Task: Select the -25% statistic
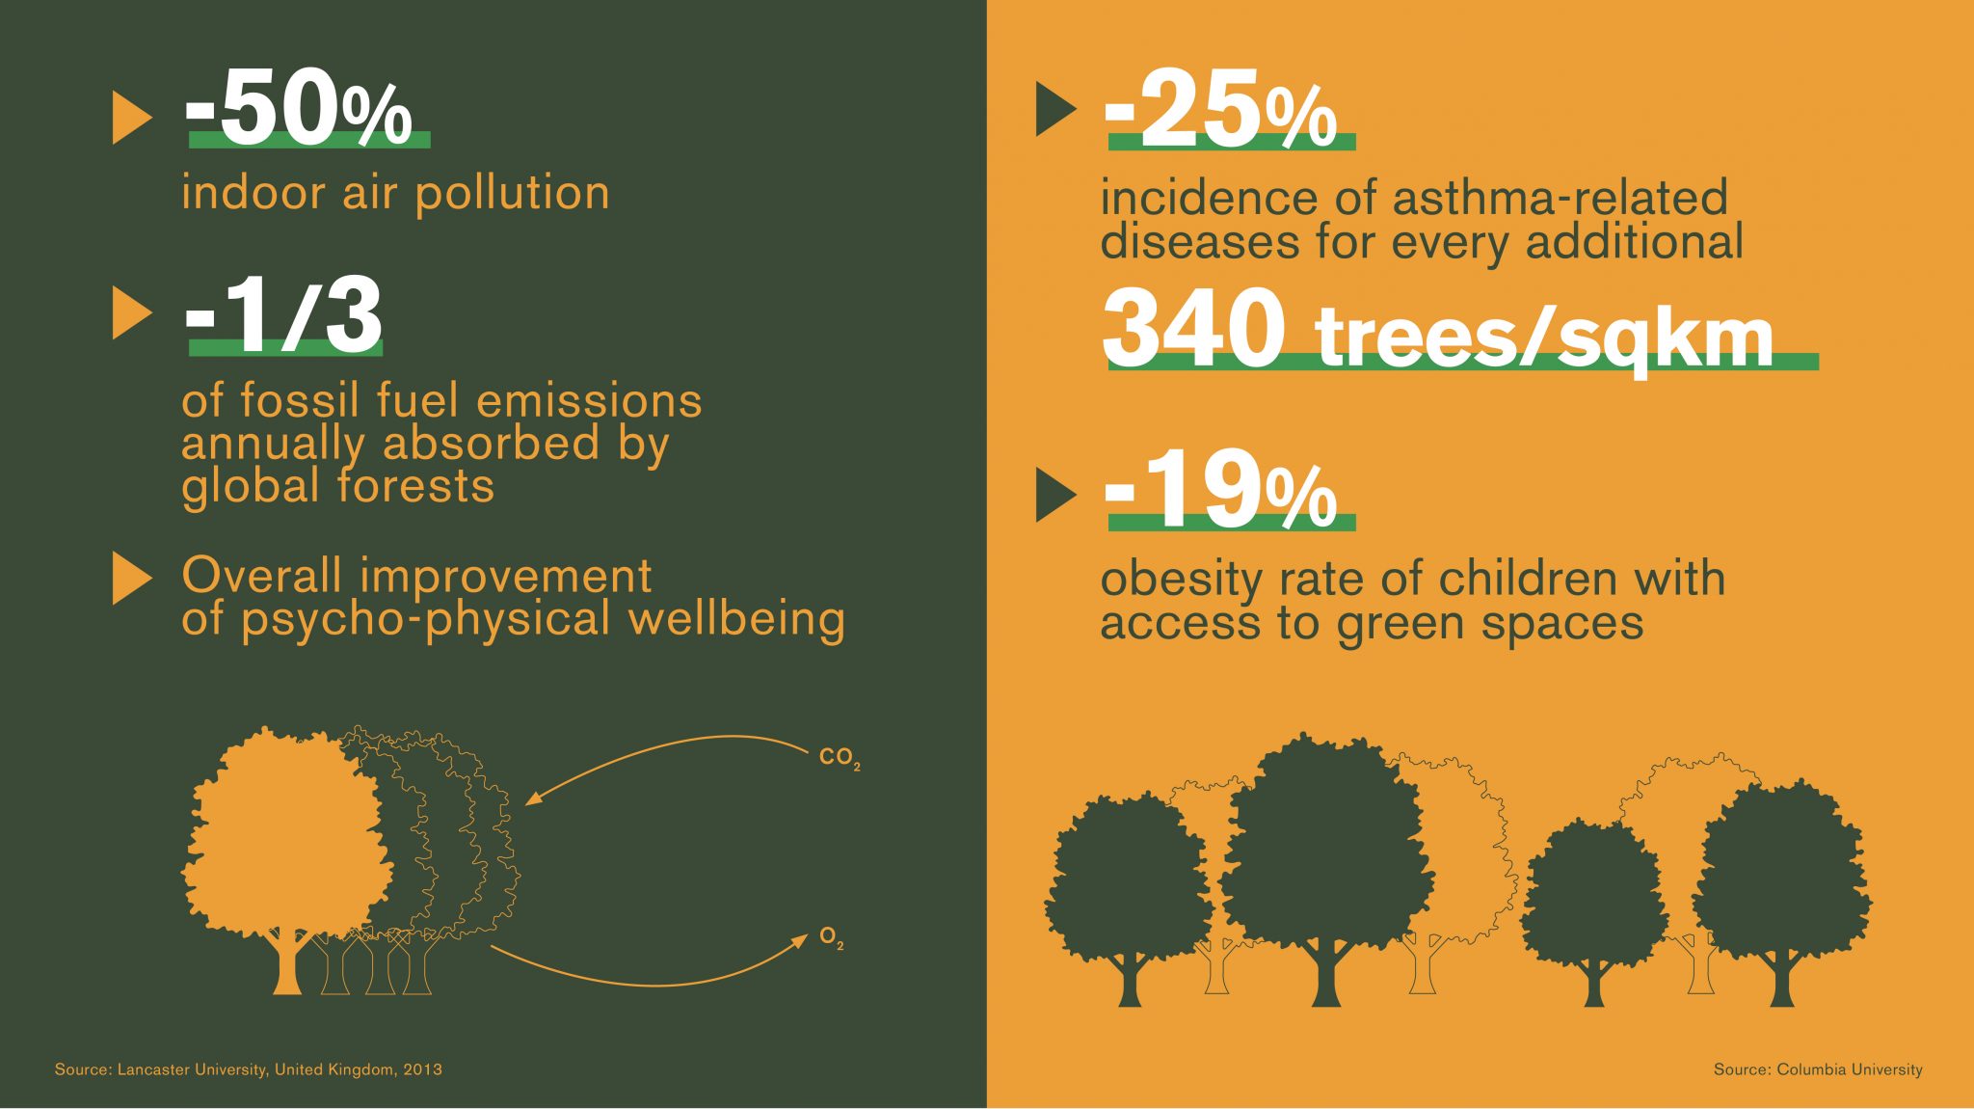pyautogui.click(x=1221, y=111)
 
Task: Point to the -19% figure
pyautogui.click(x=1221, y=491)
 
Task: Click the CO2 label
pyautogui.click(x=840, y=758)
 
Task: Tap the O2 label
pyautogui.click(x=832, y=937)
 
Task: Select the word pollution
pyautogui.click(x=513, y=194)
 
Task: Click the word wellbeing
pyautogui.click(x=737, y=619)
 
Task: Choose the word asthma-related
pyautogui.click(x=1561, y=198)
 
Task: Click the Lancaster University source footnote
pyautogui.click(x=249, y=1069)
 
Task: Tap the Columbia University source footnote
pyautogui.click(x=1818, y=1069)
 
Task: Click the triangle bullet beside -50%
pyautogui.click(x=132, y=118)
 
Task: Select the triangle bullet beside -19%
pyautogui.click(x=1055, y=496)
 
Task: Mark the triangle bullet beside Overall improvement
pyautogui.click(x=132, y=579)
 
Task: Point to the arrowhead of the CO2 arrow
pyautogui.click(x=533, y=800)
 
